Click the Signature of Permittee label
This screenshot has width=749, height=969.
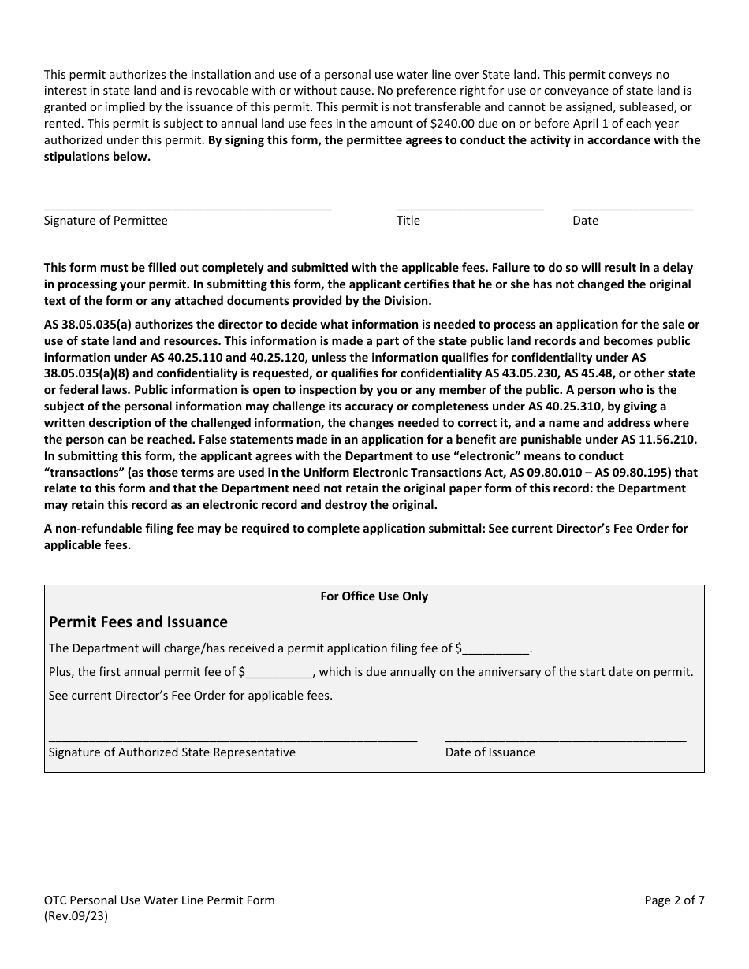click(x=106, y=221)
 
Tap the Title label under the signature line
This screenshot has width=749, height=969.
click(x=408, y=221)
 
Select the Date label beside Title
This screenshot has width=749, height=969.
click(x=585, y=221)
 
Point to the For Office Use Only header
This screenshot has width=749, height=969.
click(x=374, y=596)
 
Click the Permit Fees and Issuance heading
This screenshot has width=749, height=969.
click(x=138, y=622)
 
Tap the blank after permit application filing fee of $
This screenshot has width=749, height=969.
click(x=497, y=650)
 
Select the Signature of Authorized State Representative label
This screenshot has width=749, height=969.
click(x=172, y=752)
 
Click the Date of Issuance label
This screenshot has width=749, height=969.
click(x=490, y=752)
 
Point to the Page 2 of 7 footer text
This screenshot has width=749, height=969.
click(x=674, y=900)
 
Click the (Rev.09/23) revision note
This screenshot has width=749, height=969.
click(x=76, y=916)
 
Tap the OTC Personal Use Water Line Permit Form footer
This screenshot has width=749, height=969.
click(x=159, y=900)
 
